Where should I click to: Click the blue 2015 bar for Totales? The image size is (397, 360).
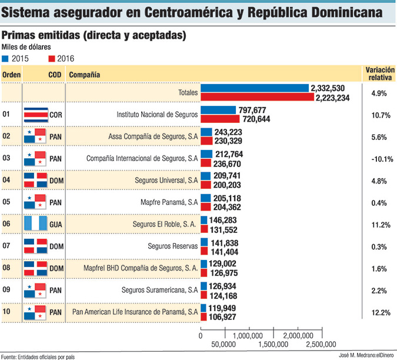[254, 88]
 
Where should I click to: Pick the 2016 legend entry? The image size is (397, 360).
[61, 59]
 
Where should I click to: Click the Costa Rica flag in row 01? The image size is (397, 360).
[35, 115]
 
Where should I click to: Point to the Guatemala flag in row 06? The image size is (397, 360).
[35, 224]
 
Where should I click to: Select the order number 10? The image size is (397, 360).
[8, 311]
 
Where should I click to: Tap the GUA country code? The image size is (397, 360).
[56, 224]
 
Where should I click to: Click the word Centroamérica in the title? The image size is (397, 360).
[219, 12]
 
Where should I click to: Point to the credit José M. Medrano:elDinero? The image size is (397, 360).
[365, 355]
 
